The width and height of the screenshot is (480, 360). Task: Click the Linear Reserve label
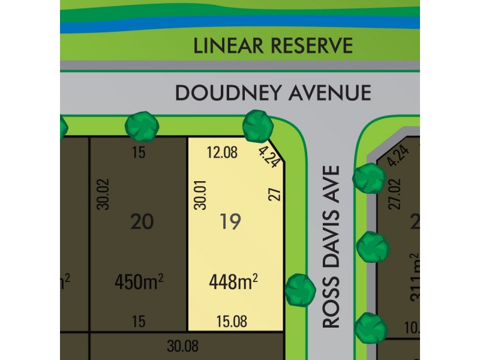tap(273, 45)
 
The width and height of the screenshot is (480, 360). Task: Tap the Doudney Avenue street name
tap(273, 93)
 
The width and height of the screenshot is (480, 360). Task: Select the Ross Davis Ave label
tap(331, 247)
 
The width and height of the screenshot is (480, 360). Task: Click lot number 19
tap(230, 222)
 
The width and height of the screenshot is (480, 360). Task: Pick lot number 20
tap(142, 222)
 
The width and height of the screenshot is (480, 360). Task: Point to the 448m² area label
tap(233, 280)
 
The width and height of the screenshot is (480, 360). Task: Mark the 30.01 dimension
tap(200, 197)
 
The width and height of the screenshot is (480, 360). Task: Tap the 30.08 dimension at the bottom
tap(182, 346)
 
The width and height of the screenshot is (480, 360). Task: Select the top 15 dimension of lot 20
tap(139, 153)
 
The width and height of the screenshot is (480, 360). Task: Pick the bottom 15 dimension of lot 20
tap(139, 322)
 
